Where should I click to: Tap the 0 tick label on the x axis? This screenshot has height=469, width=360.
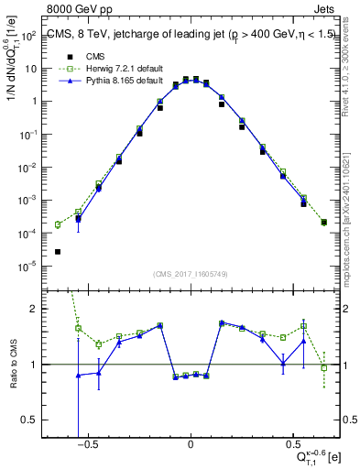pos(191,443)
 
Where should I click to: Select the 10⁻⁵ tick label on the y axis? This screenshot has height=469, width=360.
pos(28,267)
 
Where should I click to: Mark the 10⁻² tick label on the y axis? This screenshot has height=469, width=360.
pos(28,168)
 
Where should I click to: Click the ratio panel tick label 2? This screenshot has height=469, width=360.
pos(34,309)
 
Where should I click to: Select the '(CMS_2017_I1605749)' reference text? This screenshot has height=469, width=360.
pos(191,274)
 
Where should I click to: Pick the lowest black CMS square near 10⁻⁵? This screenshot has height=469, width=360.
pos(58,252)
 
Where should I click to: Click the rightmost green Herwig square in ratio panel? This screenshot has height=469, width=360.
pos(324,368)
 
